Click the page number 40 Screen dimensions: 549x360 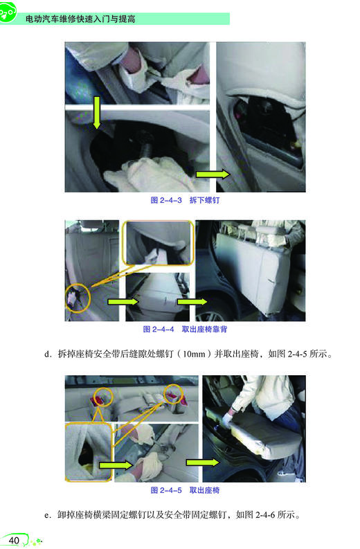(x=14, y=539)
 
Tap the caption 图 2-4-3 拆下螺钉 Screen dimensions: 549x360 (x=185, y=201)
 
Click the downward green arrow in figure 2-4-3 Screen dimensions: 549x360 (x=97, y=113)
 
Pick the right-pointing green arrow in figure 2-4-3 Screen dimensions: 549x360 (x=212, y=174)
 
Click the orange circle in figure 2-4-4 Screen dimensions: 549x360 (x=78, y=296)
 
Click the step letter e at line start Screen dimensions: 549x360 (x=47, y=515)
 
